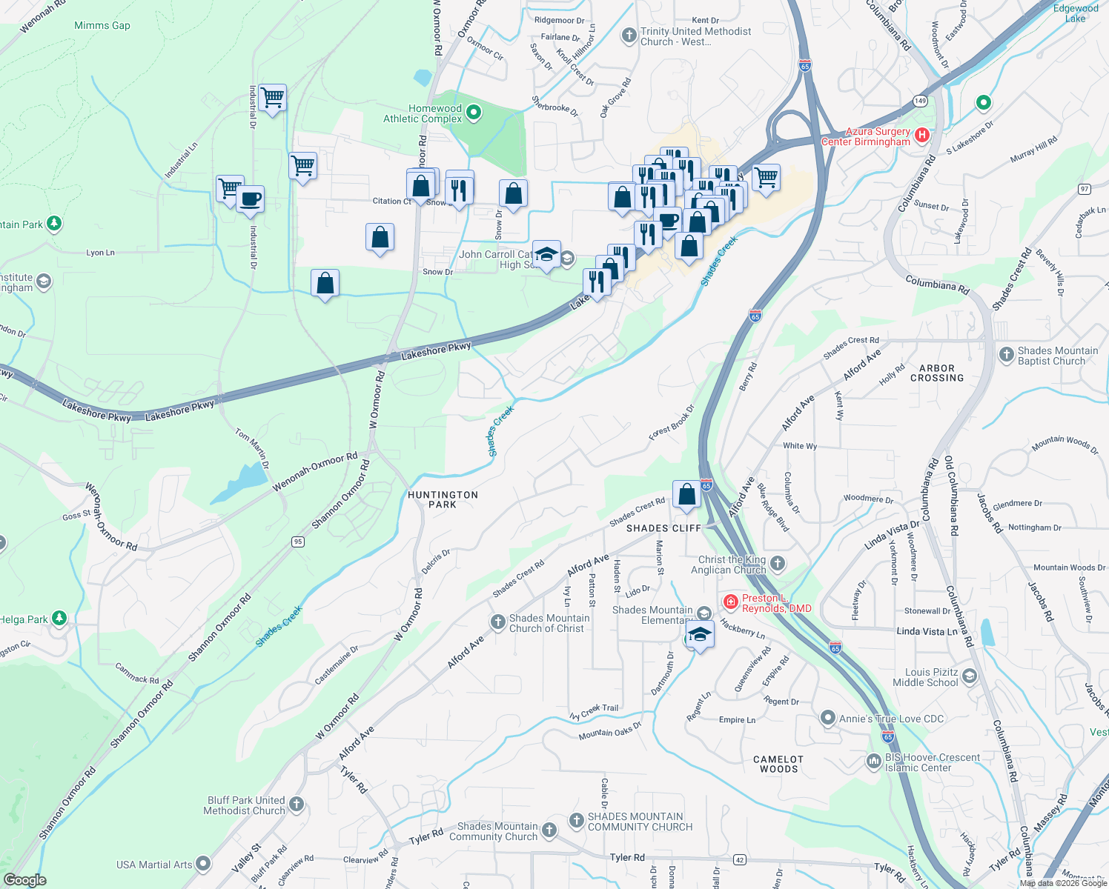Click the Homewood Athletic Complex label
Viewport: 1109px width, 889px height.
pos(423,113)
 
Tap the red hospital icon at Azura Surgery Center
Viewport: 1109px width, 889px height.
pos(922,135)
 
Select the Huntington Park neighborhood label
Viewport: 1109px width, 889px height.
pos(443,499)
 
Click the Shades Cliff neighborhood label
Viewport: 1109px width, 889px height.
pos(663,528)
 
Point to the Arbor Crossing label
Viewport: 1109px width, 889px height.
pos(937,373)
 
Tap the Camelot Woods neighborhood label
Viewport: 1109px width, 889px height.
pos(778,764)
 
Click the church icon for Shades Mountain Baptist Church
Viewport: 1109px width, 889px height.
pos(1006,355)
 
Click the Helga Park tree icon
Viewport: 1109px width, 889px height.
pos(59,618)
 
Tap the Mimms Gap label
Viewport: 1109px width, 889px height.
pos(102,25)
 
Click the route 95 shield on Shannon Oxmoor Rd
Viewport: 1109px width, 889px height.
pos(298,542)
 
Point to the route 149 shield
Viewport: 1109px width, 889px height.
pos(920,101)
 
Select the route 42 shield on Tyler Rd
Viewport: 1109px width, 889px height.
pos(739,859)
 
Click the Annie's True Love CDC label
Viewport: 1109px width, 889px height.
pos(891,719)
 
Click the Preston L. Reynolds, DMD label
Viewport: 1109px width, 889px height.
pos(776,603)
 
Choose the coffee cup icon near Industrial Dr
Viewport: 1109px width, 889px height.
pos(251,199)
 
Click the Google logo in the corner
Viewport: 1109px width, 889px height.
pos(24,880)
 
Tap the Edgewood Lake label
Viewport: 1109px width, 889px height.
pos(1076,13)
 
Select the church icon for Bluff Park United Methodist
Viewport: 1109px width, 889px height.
pos(296,804)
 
